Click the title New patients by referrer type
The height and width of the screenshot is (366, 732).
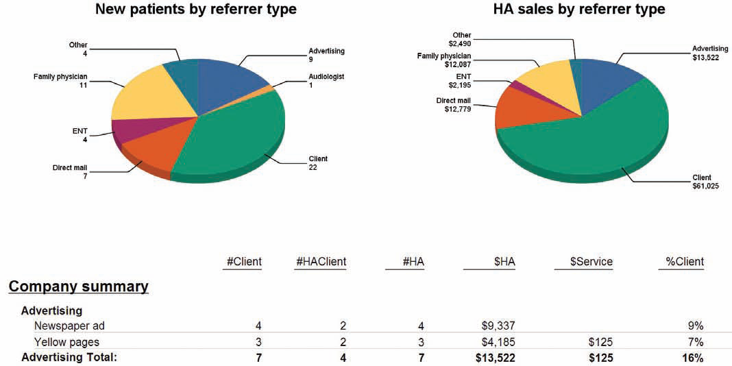pos(196,10)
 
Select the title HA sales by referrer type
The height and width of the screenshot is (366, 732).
pos(579,10)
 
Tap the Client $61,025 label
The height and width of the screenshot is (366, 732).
pos(705,182)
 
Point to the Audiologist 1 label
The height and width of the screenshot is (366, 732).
pos(326,80)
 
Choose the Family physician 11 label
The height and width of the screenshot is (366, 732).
pos(60,80)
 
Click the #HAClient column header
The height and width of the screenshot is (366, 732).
pos(321,261)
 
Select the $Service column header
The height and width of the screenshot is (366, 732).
pos(591,261)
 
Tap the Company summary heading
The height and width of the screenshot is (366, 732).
pos(78,286)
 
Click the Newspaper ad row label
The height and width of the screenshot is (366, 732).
pos(67,326)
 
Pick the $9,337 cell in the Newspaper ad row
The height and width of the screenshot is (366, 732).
pos(498,326)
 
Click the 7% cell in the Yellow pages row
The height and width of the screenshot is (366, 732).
pos(695,342)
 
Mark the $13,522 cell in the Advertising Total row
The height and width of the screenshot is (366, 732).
pos(495,358)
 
